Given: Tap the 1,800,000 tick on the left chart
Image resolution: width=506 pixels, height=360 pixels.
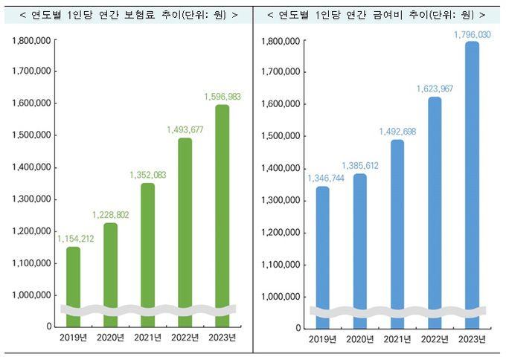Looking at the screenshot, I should (31, 41).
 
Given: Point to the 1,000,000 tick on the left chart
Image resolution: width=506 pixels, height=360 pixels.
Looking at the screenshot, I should (31, 295).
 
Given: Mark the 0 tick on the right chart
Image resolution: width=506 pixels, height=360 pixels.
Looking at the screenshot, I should (298, 328).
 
